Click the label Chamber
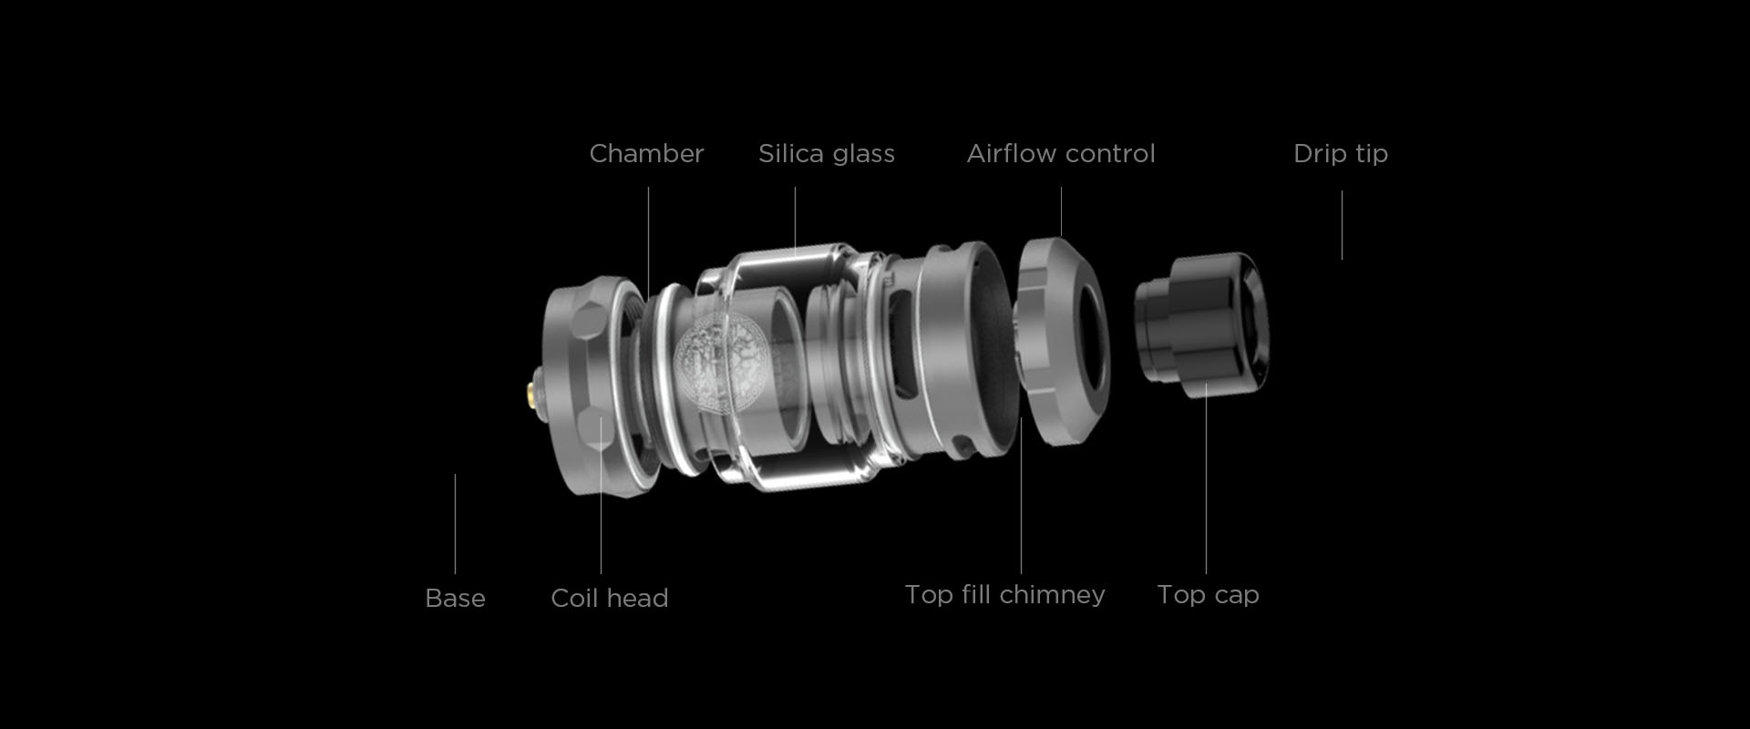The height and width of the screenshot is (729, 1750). tap(646, 153)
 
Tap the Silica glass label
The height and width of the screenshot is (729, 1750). tap(827, 153)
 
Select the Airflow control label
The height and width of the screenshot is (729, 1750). tap(1061, 153)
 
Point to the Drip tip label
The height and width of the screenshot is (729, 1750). tap(1341, 154)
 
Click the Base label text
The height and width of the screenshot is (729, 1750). tap(455, 598)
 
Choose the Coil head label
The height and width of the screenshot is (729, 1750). tap(610, 598)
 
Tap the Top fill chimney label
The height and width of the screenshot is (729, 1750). tap(1004, 595)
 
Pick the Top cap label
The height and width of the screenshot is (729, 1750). tap(1208, 595)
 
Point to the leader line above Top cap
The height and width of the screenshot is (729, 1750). tap(1206, 478)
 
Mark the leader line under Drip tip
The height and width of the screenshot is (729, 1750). tap(1342, 225)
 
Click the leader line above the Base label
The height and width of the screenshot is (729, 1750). tap(455, 524)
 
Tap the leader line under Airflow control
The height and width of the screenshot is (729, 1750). tap(1061, 212)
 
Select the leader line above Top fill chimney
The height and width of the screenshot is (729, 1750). tap(1021, 496)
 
